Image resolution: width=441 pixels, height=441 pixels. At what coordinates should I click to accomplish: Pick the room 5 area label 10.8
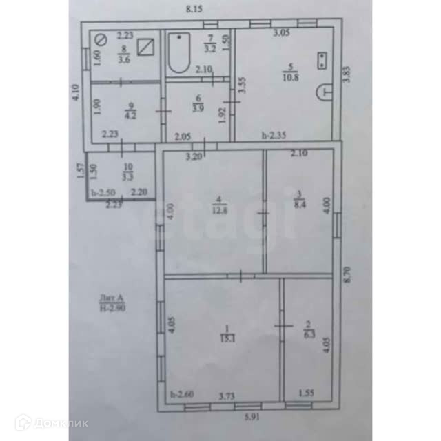click(291, 72)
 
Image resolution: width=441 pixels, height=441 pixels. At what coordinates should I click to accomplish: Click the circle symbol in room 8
click(100, 40)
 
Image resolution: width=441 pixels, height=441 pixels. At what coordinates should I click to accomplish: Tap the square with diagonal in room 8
click(145, 46)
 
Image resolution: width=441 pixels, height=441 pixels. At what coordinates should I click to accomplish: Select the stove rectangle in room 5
click(322, 60)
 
